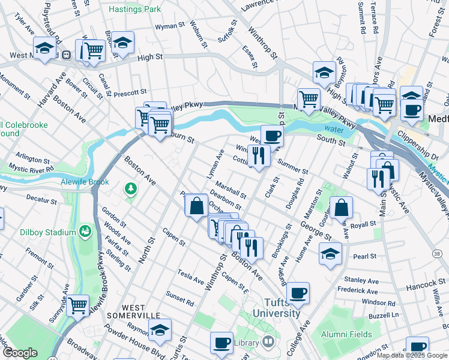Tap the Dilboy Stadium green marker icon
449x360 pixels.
pyautogui.click(x=86, y=231)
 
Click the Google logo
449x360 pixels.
pyautogui.click(x=20, y=353)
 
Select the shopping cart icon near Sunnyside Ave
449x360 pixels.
pyautogui.click(x=78, y=305)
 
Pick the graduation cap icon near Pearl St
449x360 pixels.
pyautogui.click(x=330, y=253)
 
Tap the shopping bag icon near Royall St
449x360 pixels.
pyautogui.click(x=341, y=208)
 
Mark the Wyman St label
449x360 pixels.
pyautogui.click(x=169, y=26)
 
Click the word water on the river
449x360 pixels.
pyautogui.click(x=334, y=128)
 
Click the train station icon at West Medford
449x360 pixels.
pyautogui.click(x=66, y=55)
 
